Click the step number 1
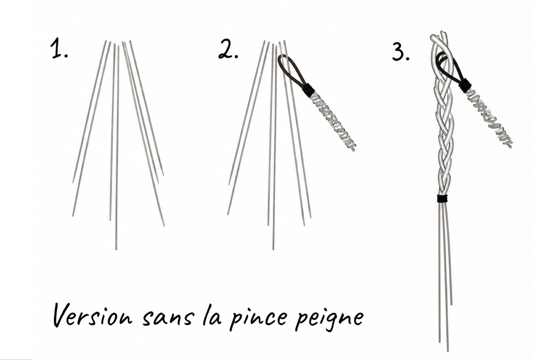59,49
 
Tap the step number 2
228,49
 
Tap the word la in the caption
212,314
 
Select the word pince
258,317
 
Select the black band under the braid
442,198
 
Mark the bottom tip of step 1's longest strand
116,250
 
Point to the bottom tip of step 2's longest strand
273,250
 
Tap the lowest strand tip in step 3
448,351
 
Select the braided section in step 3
443,114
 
